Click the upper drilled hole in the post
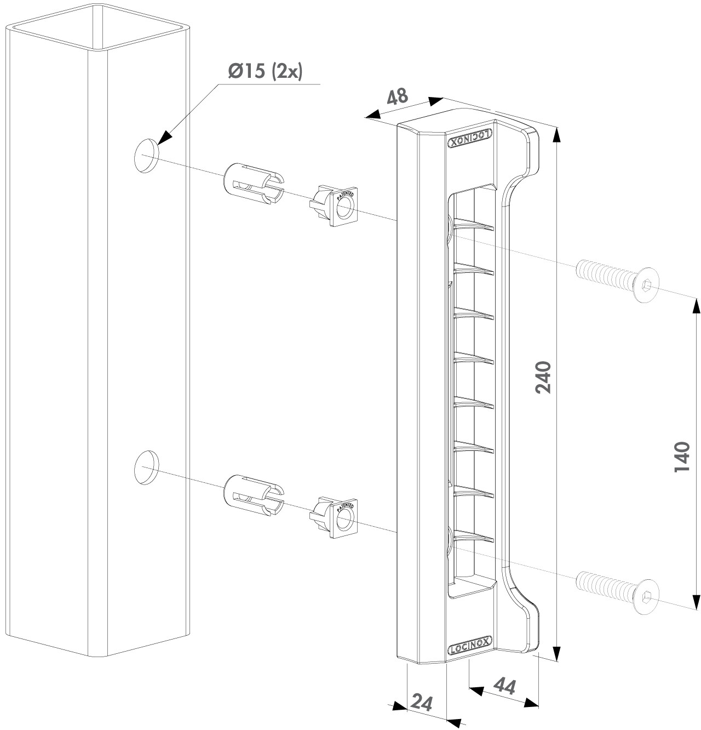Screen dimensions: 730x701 click(x=146, y=156)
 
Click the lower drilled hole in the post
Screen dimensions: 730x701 click(x=146, y=467)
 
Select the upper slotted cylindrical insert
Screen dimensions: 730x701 click(x=252, y=183)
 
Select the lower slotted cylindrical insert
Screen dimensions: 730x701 click(x=252, y=494)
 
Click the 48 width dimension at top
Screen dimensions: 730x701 click(x=398, y=96)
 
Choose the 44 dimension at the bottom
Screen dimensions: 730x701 click(x=505, y=686)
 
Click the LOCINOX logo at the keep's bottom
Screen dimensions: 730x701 click(x=470, y=647)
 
